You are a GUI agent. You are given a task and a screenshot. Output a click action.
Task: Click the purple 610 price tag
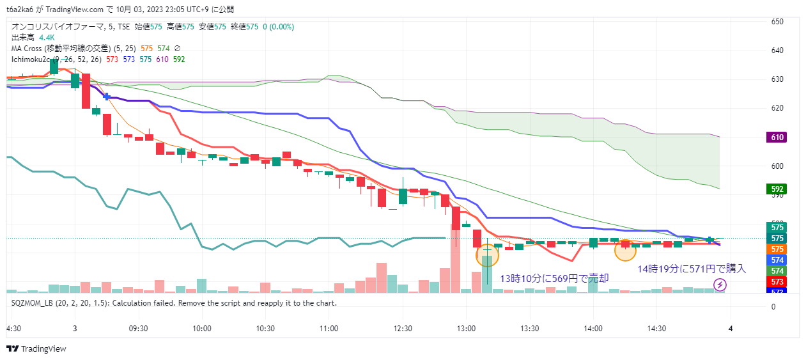click(777, 137)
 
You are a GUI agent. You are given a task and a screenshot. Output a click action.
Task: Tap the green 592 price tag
click(777, 189)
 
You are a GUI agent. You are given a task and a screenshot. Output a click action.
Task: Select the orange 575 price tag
click(777, 249)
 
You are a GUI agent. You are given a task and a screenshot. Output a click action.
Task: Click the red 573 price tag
click(777, 282)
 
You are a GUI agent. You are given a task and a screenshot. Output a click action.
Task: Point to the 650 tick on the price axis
click(777, 22)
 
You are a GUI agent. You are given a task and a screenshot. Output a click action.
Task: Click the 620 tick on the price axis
click(777, 108)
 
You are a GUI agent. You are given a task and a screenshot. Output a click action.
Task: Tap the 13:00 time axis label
click(466, 328)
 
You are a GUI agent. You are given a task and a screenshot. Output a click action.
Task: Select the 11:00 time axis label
click(329, 328)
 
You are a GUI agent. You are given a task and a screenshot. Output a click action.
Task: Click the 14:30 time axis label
click(656, 328)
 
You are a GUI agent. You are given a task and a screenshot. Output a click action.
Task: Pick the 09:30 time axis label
click(138, 328)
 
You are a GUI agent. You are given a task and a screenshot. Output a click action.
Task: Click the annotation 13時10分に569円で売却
click(554, 278)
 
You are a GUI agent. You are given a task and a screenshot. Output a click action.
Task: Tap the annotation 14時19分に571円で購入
click(692, 269)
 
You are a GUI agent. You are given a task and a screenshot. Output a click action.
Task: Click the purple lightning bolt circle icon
click(720, 285)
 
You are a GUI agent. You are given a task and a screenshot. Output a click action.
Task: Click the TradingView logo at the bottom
click(36, 349)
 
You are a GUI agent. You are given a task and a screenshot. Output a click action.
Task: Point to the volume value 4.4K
click(47, 38)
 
